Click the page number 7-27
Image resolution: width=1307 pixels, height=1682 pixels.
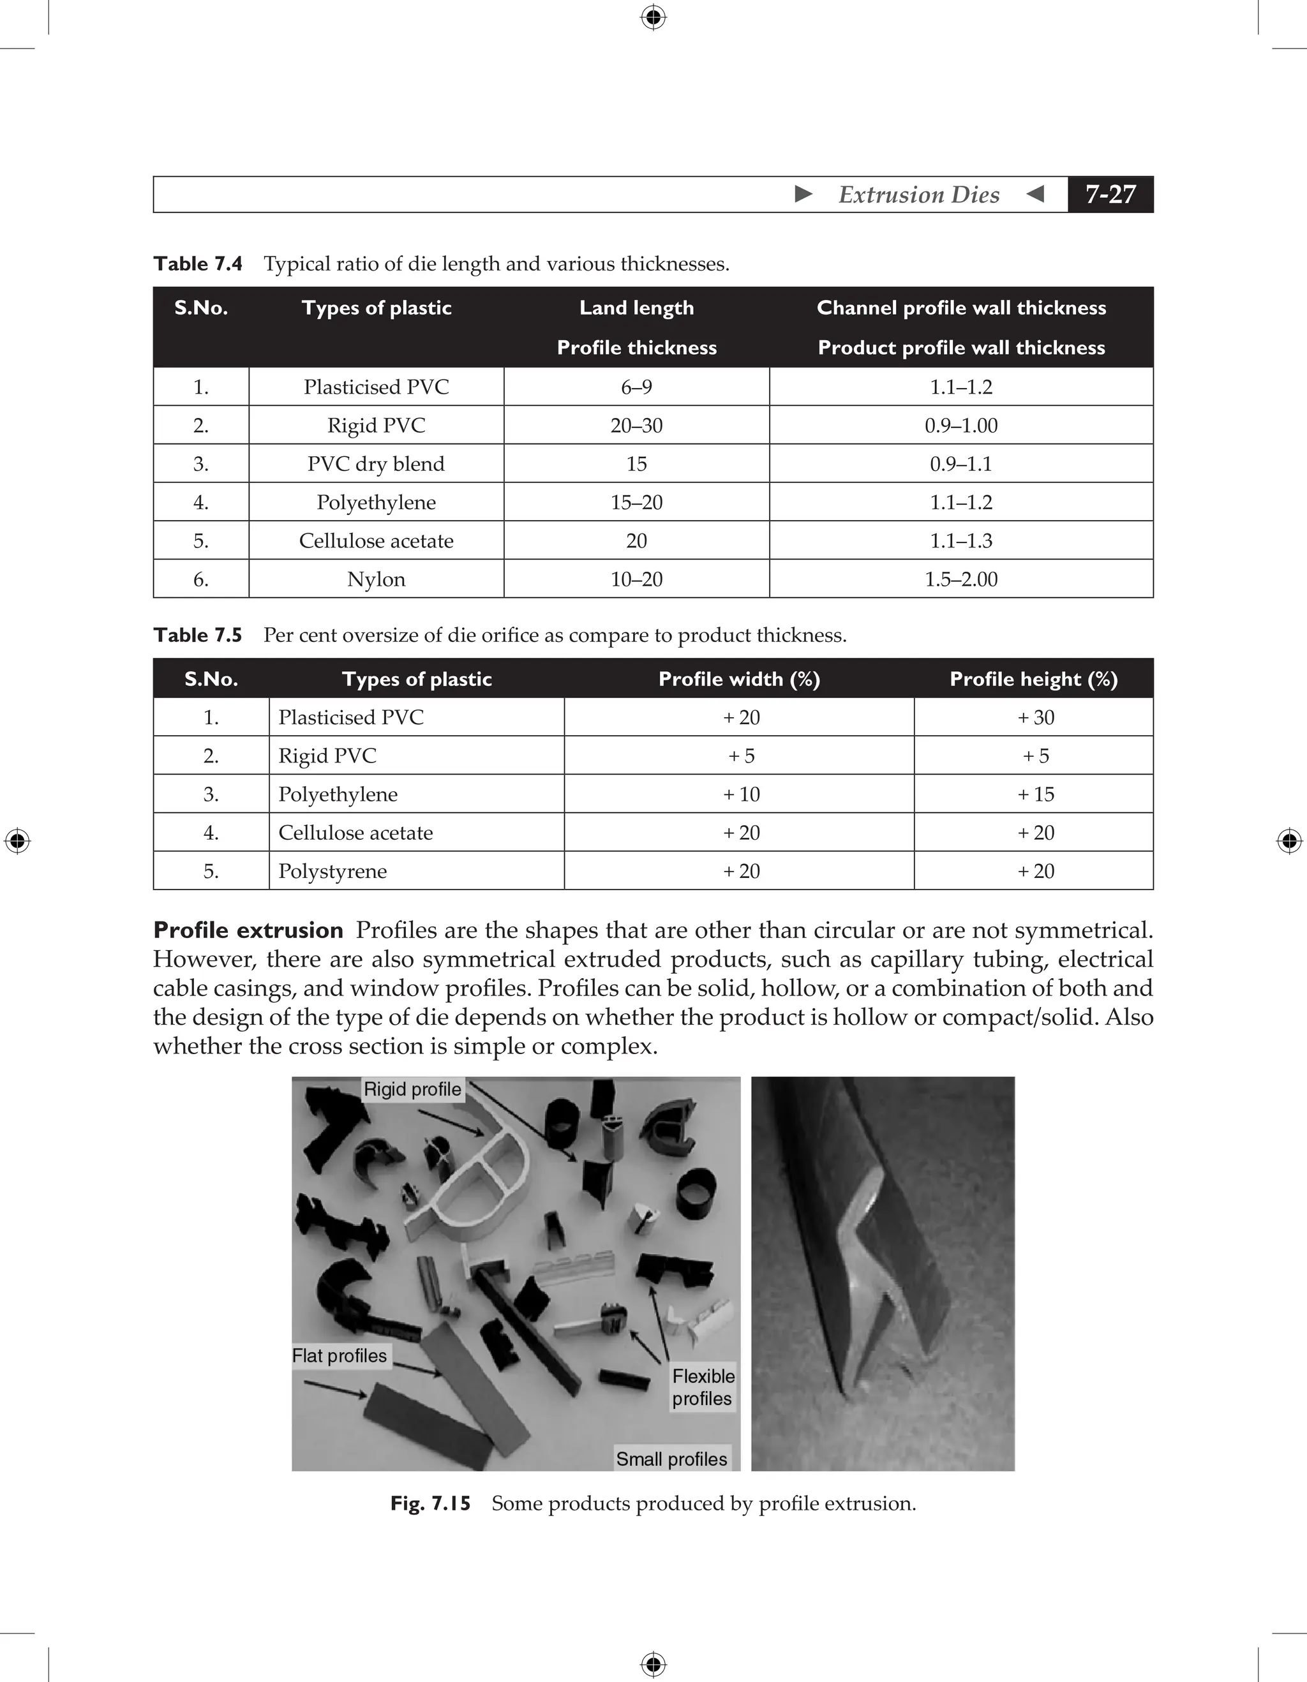pyautogui.click(x=1110, y=194)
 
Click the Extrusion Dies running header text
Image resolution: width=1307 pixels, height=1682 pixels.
pyautogui.click(x=919, y=195)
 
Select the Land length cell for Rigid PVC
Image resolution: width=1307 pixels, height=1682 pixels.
pyautogui.click(x=636, y=425)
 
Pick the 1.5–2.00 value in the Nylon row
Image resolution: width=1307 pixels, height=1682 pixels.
pyautogui.click(x=960, y=579)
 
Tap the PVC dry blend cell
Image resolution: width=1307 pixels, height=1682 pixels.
pyautogui.click(x=376, y=464)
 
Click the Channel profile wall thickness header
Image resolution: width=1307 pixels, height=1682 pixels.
pyautogui.click(x=960, y=308)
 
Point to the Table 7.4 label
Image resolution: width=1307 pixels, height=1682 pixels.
pyautogui.click(x=198, y=264)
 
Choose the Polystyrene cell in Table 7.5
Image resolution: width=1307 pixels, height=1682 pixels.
pyautogui.click(x=332, y=871)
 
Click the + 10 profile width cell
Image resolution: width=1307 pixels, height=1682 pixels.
pyautogui.click(x=741, y=794)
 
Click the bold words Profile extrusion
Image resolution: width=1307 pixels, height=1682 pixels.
pyautogui.click(x=248, y=930)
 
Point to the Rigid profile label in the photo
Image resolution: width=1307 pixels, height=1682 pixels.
pyautogui.click(x=412, y=1089)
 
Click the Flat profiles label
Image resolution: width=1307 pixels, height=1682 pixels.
pyautogui.click(x=340, y=1355)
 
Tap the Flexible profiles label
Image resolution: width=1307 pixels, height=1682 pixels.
pyautogui.click(x=703, y=1387)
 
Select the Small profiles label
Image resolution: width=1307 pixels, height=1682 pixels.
pyautogui.click(x=671, y=1459)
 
